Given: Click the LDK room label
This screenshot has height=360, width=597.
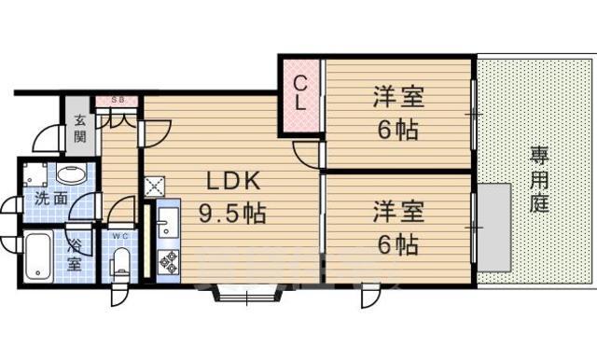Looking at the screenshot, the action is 234,181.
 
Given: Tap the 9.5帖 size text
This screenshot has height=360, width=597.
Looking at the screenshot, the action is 232,213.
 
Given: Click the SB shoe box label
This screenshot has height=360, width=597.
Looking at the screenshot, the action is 118,101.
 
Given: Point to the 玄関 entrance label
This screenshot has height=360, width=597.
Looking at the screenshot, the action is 80,129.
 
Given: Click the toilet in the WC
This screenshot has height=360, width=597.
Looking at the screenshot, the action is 121,263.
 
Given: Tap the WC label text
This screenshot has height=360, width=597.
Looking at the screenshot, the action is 120,236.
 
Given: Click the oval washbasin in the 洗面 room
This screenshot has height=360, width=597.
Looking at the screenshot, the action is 72,174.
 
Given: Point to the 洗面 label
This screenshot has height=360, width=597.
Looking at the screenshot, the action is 51,199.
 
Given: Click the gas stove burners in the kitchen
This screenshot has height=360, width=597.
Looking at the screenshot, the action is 169,261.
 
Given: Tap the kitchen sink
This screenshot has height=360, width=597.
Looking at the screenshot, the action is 168,221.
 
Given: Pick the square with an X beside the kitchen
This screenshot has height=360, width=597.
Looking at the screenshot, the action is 154,187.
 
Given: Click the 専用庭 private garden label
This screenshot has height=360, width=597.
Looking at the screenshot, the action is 539,179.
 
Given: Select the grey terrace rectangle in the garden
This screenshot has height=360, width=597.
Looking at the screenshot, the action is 493,228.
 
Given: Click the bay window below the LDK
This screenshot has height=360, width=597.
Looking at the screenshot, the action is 247,294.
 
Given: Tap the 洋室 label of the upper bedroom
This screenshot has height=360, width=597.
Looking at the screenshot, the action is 398,97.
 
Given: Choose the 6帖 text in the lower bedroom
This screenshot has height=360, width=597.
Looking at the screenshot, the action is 398,244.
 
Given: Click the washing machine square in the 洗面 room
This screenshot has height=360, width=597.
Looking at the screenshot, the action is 35,174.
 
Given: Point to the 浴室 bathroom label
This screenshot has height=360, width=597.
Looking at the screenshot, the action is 75,255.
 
